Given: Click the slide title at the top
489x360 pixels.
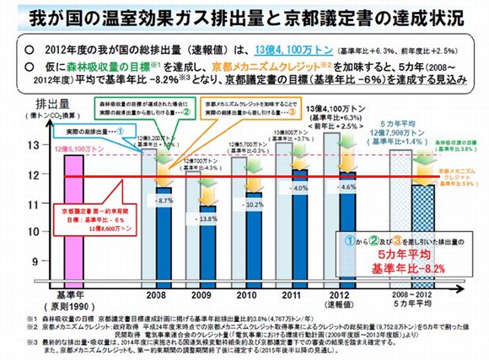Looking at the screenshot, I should coord(244,17).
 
